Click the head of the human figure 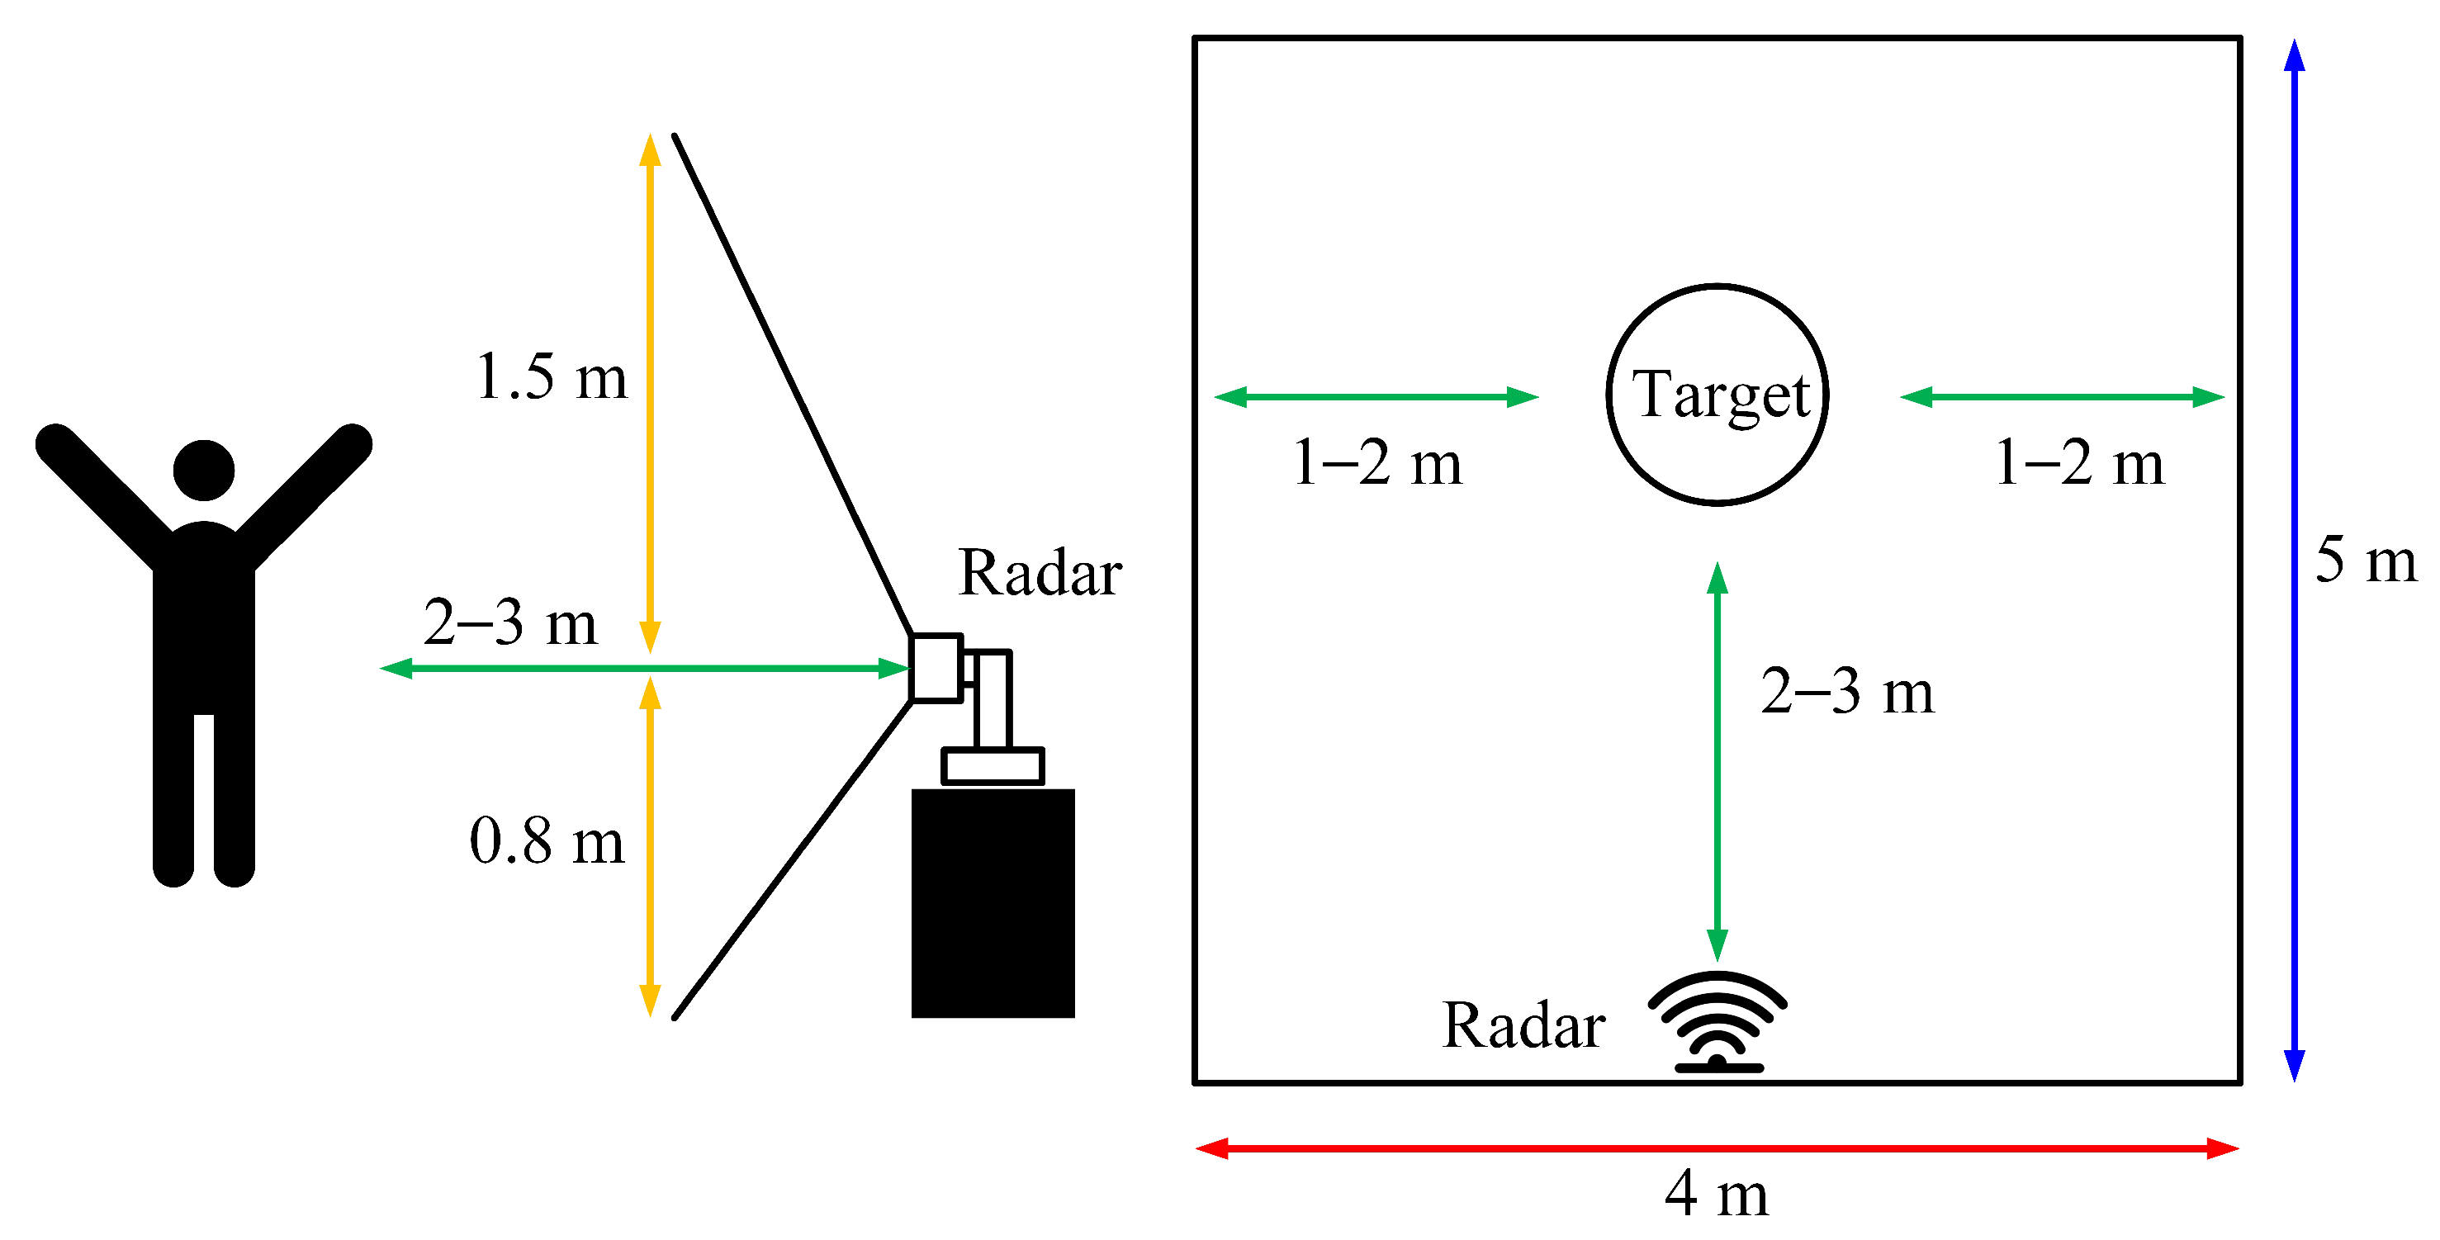(204, 470)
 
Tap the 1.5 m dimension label (552, 377)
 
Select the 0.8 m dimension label (547, 840)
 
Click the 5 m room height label (2365, 560)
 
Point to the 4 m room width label (1717, 1194)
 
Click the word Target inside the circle (1719, 394)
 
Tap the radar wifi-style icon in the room (1717, 1023)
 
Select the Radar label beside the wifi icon (1523, 1025)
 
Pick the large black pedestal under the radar (993, 903)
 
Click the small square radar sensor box (936, 668)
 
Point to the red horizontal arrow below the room (1717, 1149)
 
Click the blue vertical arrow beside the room (2294, 560)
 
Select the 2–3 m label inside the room (1847, 692)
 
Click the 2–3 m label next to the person (509, 622)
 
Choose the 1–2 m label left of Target (1377, 463)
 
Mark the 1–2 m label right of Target (2079, 463)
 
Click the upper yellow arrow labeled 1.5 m (650, 393)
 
